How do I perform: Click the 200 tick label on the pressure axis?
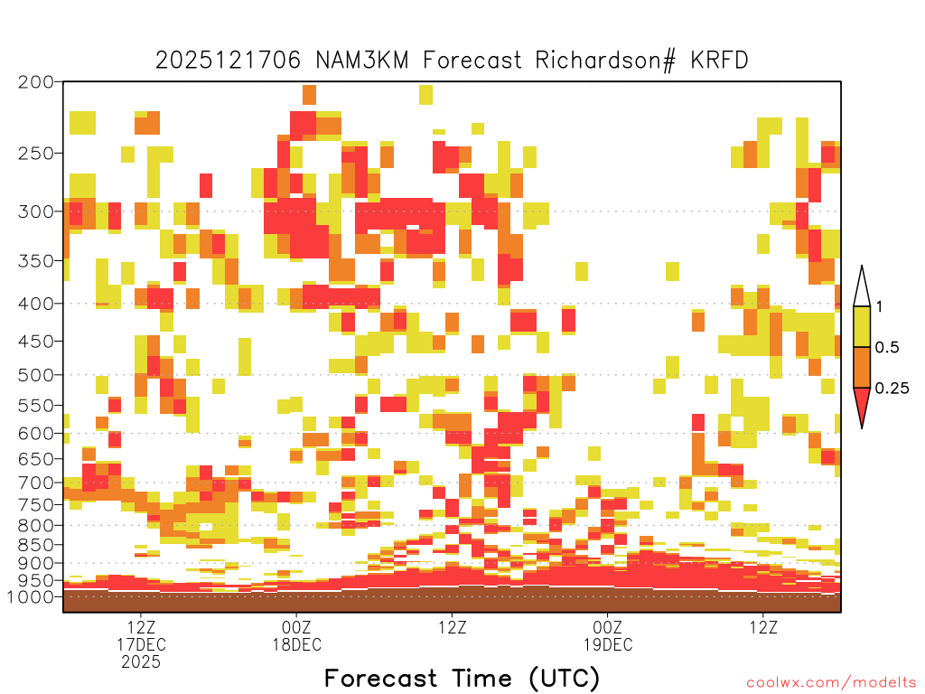(x=35, y=82)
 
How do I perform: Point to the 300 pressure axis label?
(x=35, y=211)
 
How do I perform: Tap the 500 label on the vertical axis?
(x=35, y=375)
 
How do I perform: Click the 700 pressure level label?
(x=35, y=483)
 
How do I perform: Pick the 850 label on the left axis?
(x=35, y=544)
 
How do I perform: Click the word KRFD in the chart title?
(x=719, y=61)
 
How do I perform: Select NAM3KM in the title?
(x=361, y=61)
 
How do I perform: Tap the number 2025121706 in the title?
(x=228, y=61)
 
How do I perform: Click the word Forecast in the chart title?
(x=472, y=61)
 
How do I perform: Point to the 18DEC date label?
(x=296, y=644)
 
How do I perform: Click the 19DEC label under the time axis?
(x=608, y=644)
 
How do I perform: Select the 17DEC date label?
(x=141, y=644)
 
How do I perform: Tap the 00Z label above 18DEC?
(x=296, y=627)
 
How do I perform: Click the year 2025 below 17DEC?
(x=141, y=662)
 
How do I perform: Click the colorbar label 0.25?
(x=892, y=389)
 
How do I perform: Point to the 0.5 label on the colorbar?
(x=887, y=347)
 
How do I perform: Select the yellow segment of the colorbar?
(x=862, y=326)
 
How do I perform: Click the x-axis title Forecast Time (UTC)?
(x=462, y=679)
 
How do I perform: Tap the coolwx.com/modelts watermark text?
(x=832, y=683)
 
